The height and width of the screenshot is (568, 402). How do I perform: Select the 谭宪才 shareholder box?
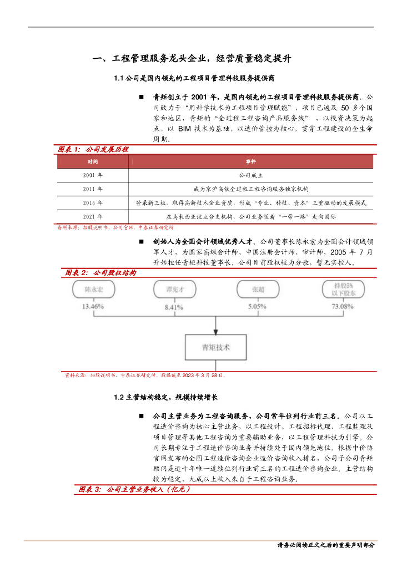coord(175,290)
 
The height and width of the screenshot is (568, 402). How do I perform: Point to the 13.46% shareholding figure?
coord(93,306)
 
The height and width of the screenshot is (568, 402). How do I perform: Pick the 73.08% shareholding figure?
coord(342,306)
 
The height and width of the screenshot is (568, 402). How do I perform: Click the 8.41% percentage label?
coord(173,307)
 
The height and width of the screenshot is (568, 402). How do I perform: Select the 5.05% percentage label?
coord(258,306)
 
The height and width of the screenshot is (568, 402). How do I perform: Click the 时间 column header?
coord(92,161)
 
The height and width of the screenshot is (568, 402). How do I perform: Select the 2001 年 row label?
coord(92,175)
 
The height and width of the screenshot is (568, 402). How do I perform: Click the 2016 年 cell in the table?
coord(92,203)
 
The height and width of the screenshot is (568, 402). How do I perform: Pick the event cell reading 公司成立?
coord(250,175)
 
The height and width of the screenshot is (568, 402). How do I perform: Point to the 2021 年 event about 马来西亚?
coord(250,217)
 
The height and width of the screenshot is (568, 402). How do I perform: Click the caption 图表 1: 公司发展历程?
coord(93,149)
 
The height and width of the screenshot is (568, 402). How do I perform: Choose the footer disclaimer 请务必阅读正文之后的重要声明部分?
coord(326,545)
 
